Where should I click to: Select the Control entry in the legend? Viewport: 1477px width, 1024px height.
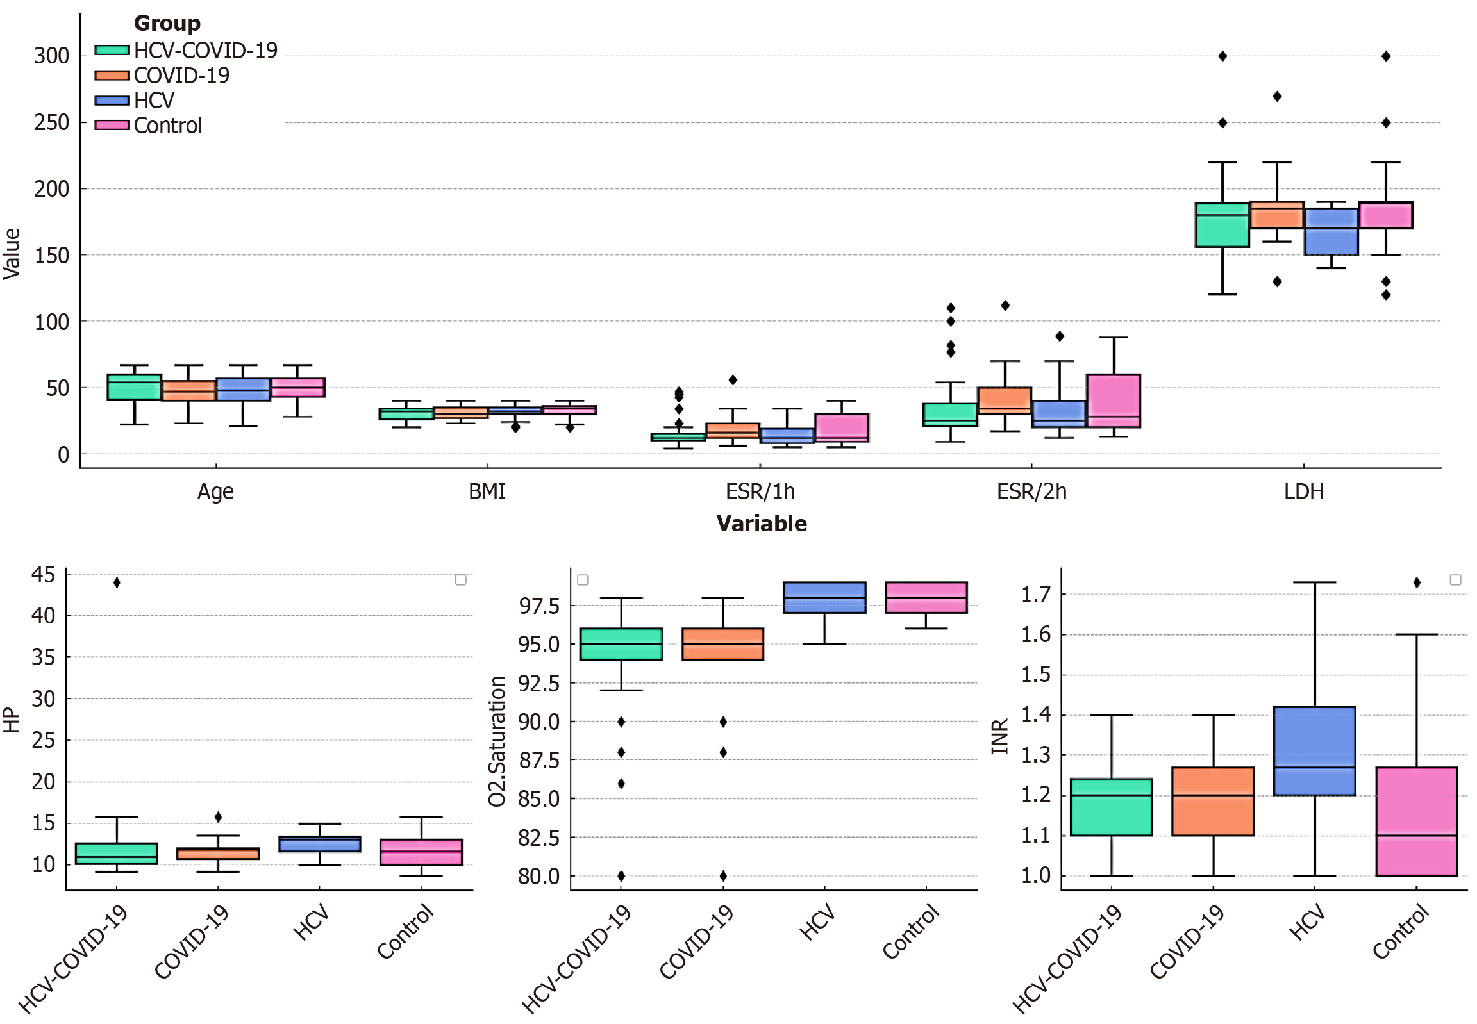click(x=167, y=126)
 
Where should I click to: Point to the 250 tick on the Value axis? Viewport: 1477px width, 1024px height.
click(x=51, y=122)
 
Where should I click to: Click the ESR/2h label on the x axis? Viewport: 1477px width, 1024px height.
click(x=1031, y=492)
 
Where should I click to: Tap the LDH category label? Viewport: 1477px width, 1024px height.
click(x=1303, y=492)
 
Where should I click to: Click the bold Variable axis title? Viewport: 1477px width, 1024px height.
click(x=762, y=524)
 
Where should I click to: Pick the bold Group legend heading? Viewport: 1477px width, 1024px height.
click(x=167, y=24)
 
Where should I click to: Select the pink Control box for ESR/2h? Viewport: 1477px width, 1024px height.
click(x=1113, y=401)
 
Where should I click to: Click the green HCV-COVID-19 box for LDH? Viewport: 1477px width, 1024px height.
click(x=1221, y=225)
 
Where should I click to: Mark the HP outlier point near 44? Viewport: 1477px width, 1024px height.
click(x=117, y=582)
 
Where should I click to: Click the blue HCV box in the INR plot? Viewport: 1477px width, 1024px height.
click(x=1314, y=750)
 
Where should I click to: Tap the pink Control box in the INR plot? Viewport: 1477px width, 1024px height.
click(x=1416, y=821)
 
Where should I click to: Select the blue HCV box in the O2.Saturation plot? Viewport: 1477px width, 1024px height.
click(x=824, y=597)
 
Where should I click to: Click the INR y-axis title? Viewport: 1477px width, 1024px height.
click(x=999, y=736)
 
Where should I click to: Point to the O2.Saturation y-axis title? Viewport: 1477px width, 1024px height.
click(x=497, y=741)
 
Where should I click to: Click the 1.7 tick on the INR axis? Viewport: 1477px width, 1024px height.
click(x=1035, y=595)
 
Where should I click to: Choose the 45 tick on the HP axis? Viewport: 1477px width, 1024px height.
click(x=43, y=575)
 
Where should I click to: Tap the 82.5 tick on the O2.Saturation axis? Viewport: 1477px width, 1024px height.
click(x=538, y=838)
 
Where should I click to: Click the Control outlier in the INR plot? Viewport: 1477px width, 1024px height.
click(x=1416, y=582)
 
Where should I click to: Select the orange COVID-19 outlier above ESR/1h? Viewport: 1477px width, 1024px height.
click(x=732, y=380)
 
